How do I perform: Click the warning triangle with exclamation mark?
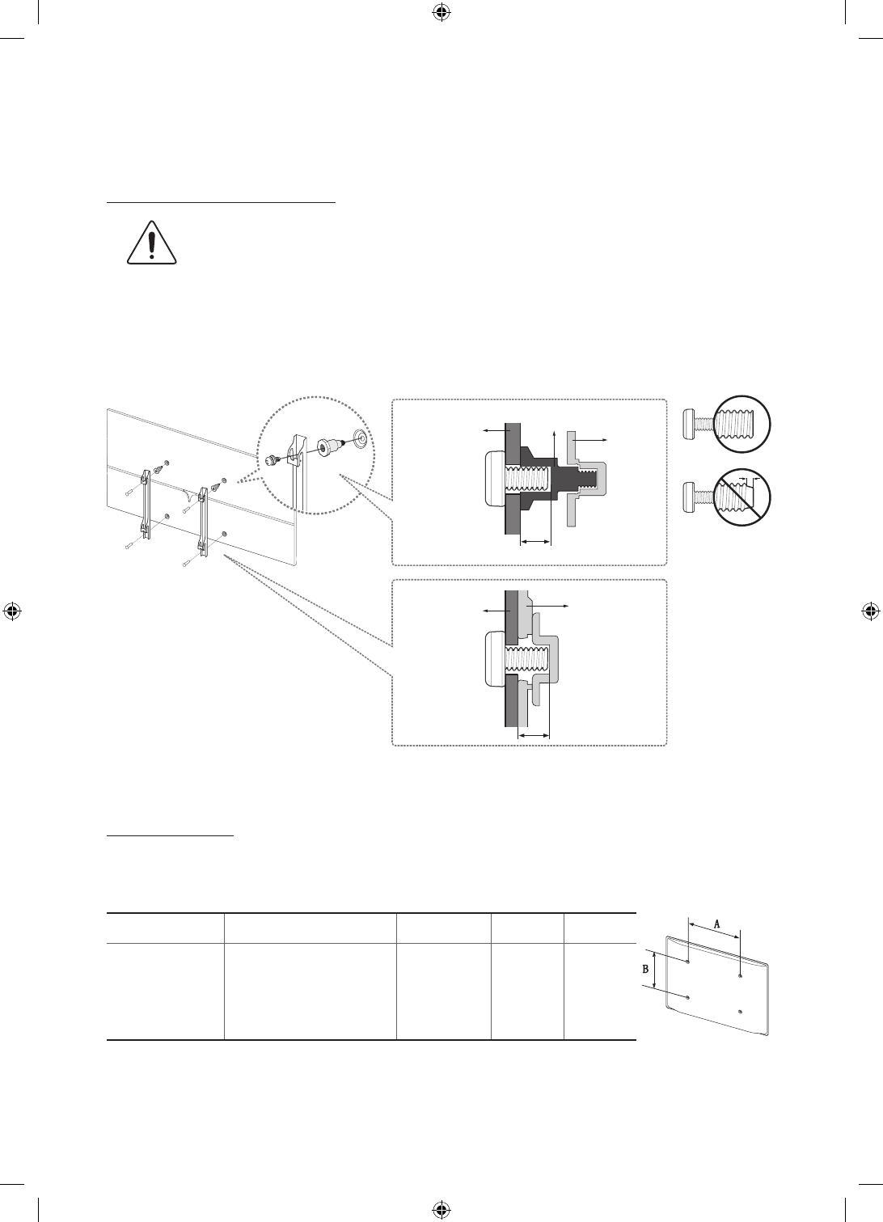152,243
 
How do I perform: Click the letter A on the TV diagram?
716,924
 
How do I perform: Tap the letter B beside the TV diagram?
646,970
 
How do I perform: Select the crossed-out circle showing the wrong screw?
742,497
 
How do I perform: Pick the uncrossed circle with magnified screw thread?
742,425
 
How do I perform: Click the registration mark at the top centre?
441,12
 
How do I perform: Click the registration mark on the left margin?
12,611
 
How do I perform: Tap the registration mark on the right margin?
871,611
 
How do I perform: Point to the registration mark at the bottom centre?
441,1209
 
